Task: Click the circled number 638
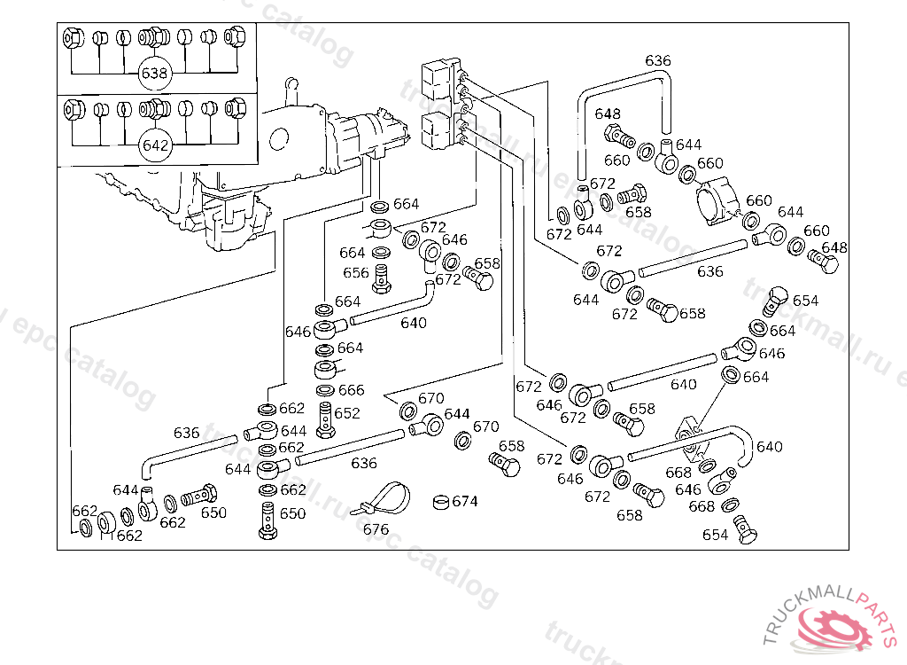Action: tap(154, 74)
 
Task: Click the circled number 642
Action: tap(154, 145)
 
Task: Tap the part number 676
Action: tap(376, 529)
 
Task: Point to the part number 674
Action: tap(465, 502)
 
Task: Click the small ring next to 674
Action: tap(440, 503)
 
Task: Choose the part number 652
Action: tap(347, 413)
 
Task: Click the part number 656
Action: tap(355, 273)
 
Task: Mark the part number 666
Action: tap(351, 390)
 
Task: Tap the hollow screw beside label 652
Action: tap(327, 419)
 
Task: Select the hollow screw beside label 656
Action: tap(383, 277)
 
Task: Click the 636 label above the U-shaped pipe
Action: tap(658, 61)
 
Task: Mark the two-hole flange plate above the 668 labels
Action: tap(692, 430)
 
